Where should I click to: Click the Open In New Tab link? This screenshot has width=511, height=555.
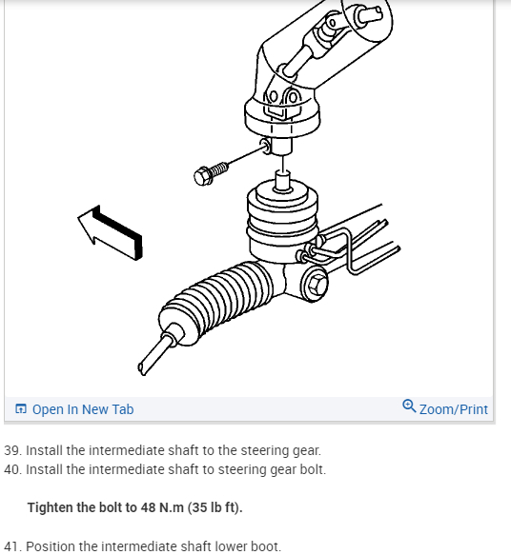tap(83, 409)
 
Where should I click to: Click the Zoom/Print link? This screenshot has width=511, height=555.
tap(454, 409)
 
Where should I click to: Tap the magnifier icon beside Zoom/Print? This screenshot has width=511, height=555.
tap(409, 406)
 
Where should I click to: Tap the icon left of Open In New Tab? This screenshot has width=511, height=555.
tap(21, 408)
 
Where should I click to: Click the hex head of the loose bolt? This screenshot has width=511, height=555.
tap(202, 176)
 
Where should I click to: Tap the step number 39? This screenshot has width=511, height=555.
tap(12, 450)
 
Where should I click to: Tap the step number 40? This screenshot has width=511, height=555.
tap(12, 469)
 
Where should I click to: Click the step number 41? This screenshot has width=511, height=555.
tap(12, 546)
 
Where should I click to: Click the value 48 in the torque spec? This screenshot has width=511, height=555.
tap(148, 507)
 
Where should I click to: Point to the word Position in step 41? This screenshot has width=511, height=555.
tap(51, 546)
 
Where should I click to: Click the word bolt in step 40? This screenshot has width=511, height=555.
tap(313, 469)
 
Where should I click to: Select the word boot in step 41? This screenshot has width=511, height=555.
tap(267, 546)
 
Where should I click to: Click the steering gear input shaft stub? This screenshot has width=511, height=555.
tap(283, 181)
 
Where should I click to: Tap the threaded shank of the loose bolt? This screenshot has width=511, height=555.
tap(219, 169)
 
